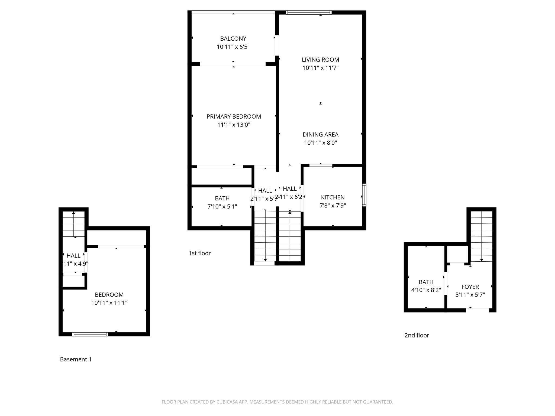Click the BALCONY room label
click(x=233, y=38)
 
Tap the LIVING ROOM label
click(x=320, y=60)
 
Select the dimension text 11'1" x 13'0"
click(x=234, y=125)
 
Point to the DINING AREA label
click(x=320, y=134)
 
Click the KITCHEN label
click(x=333, y=197)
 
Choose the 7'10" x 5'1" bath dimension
click(x=222, y=207)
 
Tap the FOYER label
click(x=470, y=287)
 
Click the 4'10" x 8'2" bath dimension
click(x=426, y=290)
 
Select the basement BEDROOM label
click(x=109, y=295)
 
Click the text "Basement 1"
click(x=76, y=359)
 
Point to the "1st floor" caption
click(x=199, y=253)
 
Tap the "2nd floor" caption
click(x=417, y=335)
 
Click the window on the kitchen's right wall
click(x=364, y=195)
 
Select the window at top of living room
click(x=309, y=12)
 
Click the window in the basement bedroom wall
click(x=90, y=334)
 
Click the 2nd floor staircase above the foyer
click(x=481, y=236)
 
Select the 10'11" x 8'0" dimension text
click(x=320, y=143)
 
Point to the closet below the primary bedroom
click(x=221, y=177)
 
